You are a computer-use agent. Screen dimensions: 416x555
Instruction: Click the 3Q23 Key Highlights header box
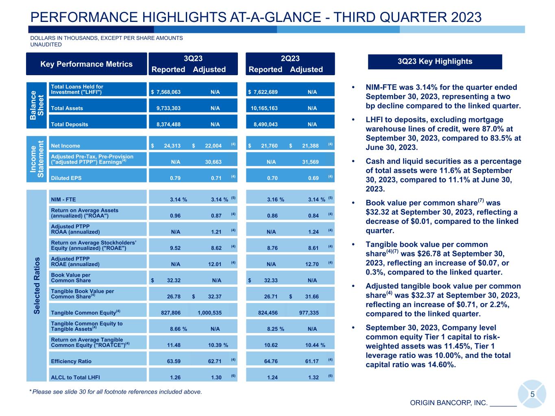[435, 62]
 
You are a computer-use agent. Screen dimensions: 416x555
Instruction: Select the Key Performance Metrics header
[86, 64]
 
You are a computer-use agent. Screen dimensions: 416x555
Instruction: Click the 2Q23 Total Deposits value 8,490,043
[266, 125]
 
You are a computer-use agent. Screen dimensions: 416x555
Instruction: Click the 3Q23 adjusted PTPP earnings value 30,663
[213, 162]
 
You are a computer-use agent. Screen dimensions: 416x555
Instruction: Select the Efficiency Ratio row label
[71, 362]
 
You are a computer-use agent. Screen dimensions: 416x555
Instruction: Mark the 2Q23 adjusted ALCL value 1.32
[313, 378]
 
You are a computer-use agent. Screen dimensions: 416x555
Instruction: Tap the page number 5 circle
[532, 394]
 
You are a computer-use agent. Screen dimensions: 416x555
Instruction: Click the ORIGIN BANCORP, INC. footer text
[448, 403]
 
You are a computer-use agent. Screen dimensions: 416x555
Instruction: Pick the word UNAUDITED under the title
[46, 45]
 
